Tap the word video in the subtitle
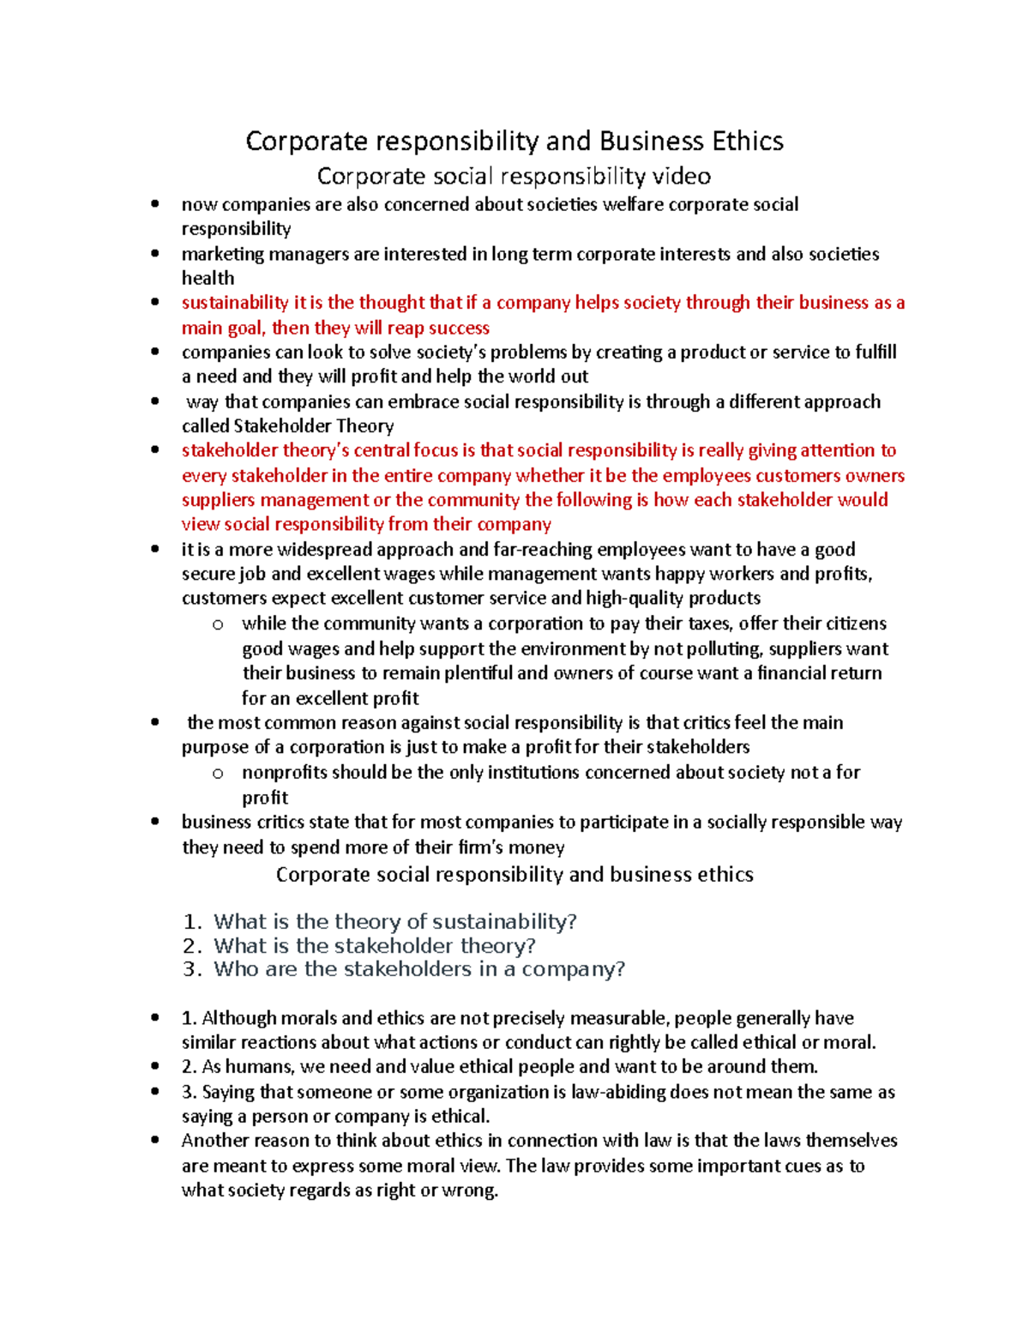(x=681, y=176)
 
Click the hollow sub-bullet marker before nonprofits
(x=218, y=774)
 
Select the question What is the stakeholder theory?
(x=375, y=945)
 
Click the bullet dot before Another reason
(x=155, y=1141)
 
